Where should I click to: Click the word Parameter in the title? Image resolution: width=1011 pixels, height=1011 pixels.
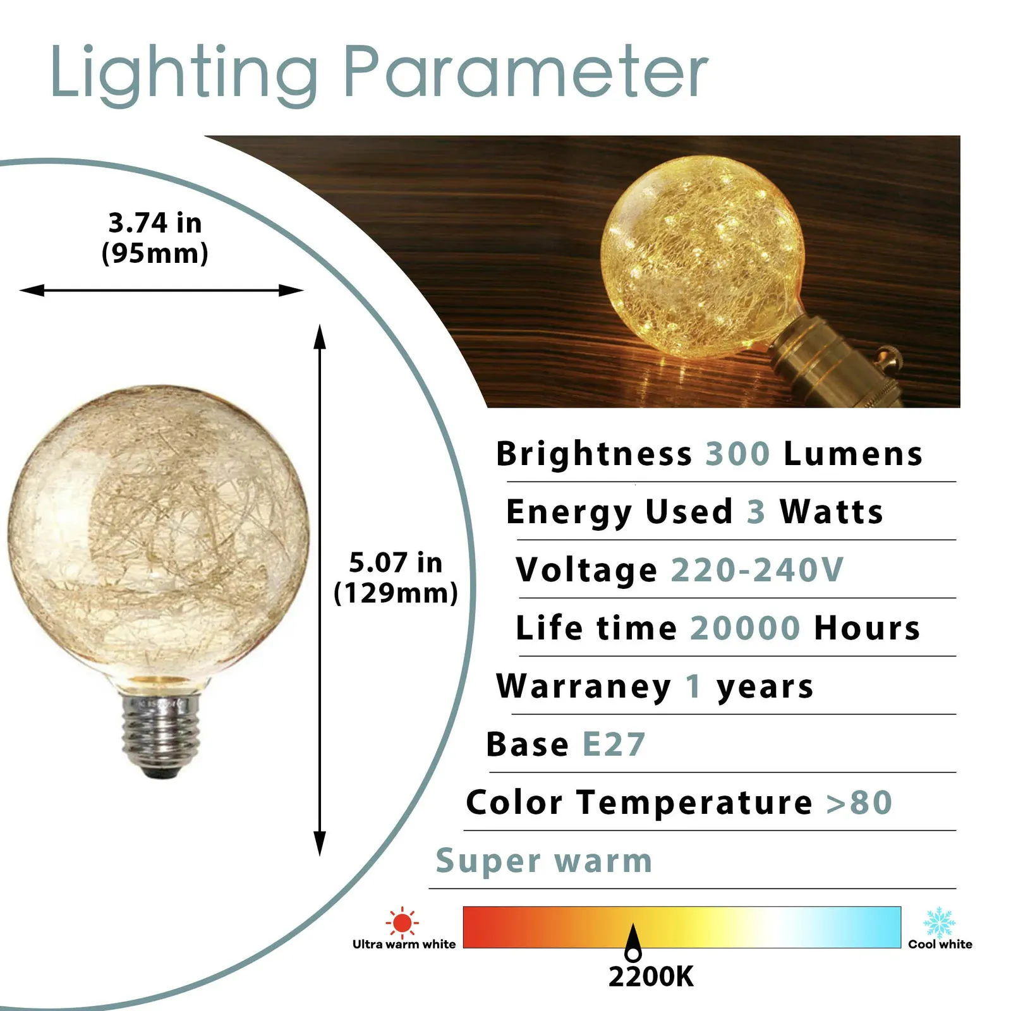(525, 72)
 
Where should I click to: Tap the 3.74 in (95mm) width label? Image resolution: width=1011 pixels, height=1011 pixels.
(155, 238)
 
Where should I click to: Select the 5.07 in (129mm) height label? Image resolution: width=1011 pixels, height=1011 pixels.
(396, 578)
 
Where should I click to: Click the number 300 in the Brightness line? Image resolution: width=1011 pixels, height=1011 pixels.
(737, 454)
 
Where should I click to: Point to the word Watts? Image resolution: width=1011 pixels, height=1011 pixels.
(831, 512)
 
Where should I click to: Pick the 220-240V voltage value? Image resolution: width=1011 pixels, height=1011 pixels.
(757, 570)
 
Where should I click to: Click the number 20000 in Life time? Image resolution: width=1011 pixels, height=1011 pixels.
(745, 628)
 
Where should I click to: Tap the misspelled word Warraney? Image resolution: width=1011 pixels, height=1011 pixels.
(584, 687)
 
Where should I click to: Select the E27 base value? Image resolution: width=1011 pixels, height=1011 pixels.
(614, 744)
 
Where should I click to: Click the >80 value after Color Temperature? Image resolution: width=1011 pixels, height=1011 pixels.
(859, 803)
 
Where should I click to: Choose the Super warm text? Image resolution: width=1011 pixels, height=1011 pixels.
(544, 861)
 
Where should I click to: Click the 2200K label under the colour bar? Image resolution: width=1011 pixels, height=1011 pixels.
(651, 976)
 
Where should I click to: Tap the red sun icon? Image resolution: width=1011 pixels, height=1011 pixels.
(402, 922)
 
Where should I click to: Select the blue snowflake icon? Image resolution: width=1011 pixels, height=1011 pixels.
(940, 923)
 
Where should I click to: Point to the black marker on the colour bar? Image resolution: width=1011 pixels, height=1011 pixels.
(633, 942)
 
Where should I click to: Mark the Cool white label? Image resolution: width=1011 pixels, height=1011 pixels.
(940, 944)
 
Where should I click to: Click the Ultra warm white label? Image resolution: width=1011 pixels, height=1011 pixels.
(404, 944)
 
